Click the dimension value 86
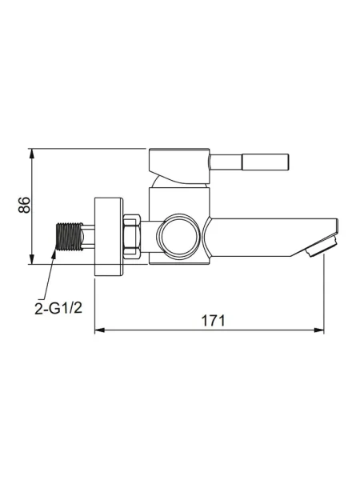click(25, 205)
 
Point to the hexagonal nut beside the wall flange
click(133, 237)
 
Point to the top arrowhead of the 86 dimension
click(33, 152)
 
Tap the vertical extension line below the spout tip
click(324, 296)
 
